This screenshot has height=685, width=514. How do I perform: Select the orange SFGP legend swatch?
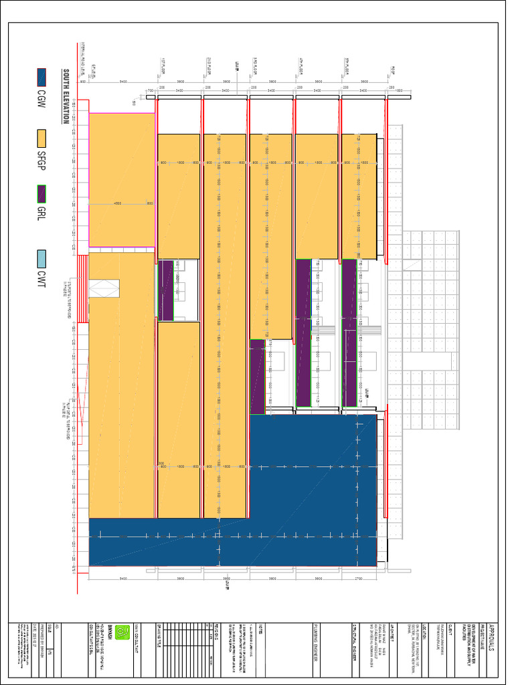[41, 138]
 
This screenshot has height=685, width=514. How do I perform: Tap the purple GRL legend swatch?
[41, 194]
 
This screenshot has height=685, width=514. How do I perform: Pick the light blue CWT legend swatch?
[41, 258]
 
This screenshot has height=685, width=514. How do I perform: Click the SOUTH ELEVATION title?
[66, 97]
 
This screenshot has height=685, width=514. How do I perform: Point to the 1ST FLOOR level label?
[163, 67]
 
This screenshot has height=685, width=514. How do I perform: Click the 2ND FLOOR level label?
[209, 67]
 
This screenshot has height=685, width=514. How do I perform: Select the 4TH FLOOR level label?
[301, 67]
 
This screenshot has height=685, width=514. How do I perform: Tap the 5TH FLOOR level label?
[347, 67]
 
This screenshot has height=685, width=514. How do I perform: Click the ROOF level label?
[393, 68]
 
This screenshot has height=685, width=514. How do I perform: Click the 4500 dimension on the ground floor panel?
[118, 203]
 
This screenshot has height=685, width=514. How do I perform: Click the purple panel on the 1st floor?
[166, 290]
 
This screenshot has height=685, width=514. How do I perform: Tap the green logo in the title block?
[122, 631]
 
